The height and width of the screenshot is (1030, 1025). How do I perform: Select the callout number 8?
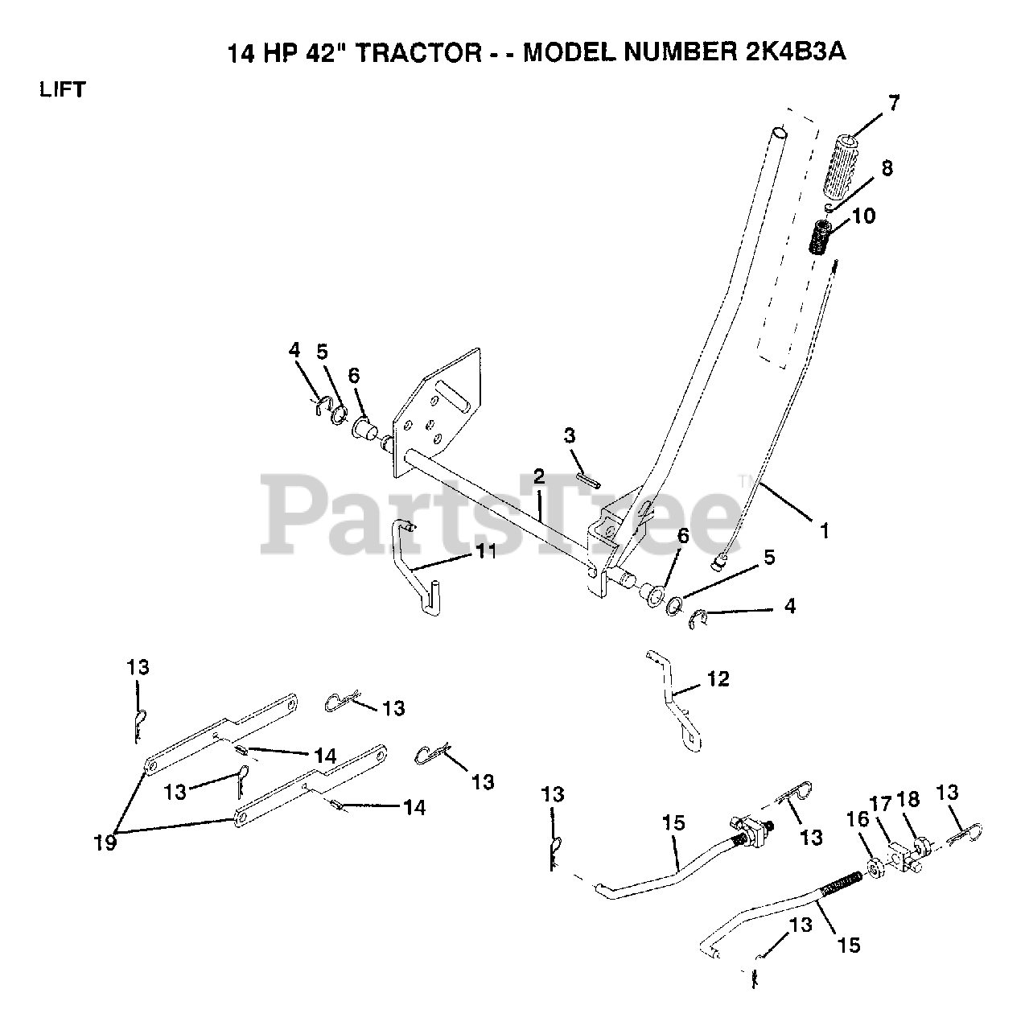[887, 169]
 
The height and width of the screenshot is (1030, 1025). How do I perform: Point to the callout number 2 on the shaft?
[538, 476]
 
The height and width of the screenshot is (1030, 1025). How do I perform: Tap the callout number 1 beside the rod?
[823, 531]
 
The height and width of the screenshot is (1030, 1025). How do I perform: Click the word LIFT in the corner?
[63, 89]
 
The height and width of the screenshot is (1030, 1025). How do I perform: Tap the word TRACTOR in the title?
[425, 54]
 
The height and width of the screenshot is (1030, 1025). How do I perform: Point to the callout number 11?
[485, 550]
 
